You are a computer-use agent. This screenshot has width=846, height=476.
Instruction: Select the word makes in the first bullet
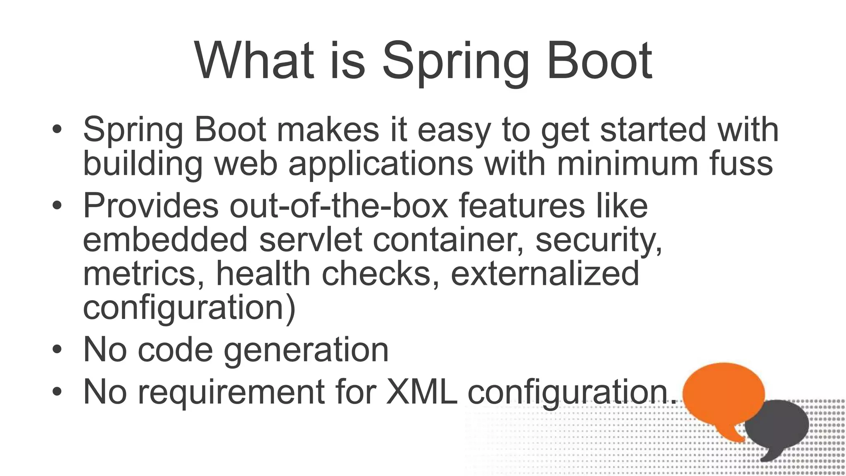pos(328,129)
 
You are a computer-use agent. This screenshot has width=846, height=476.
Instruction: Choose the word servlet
pos(311,239)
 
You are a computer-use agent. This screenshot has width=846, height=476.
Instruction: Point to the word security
pos(599,240)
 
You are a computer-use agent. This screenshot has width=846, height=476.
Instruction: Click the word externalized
pos(544,273)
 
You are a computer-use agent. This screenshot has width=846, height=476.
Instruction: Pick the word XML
pos(421,391)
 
